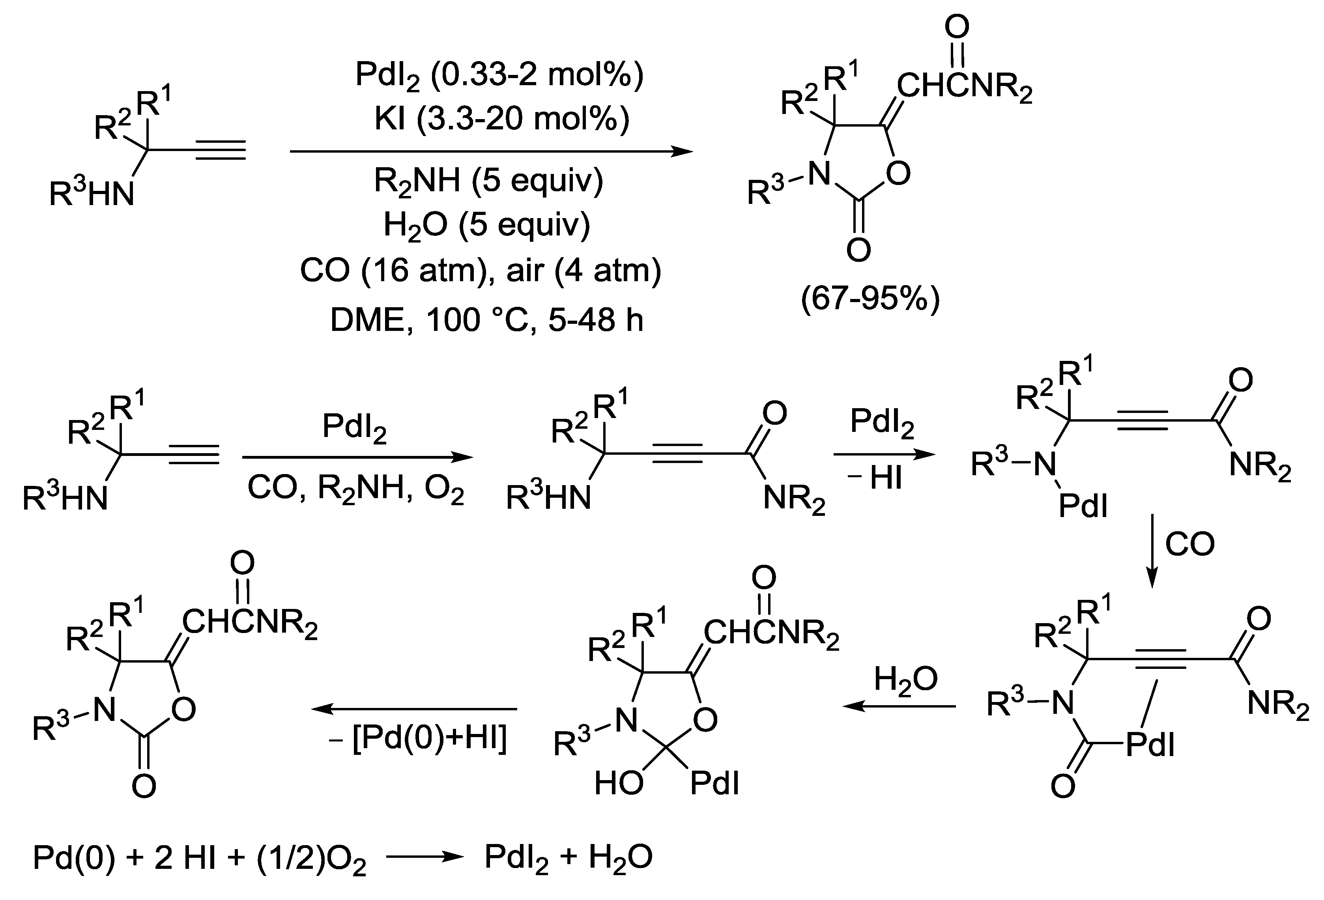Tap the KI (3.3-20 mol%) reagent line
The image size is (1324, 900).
[502, 120]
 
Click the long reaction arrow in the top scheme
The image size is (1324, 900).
[492, 151]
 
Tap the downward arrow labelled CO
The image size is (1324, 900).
[1151, 550]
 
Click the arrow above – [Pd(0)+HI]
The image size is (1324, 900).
[413, 709]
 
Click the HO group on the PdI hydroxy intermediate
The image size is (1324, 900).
[619, 784]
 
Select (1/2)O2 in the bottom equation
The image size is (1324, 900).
[312, 858]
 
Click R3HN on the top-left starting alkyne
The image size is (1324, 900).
[92, 194]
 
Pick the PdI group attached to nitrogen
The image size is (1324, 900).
[1083, 505]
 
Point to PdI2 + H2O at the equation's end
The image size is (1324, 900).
[568, 858]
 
